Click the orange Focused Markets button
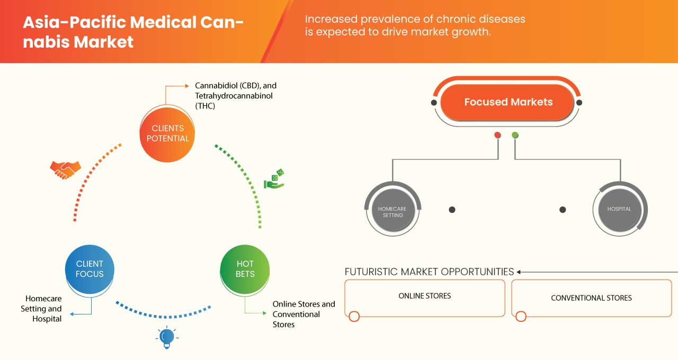click(507, 102)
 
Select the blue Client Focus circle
click(90, 269)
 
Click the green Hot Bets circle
click(245, 269)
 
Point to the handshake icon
click(65, 169)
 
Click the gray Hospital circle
click(619, 209)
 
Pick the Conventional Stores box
click(591, 298)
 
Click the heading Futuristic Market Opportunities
click(429, 272)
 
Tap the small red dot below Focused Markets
click(497, 135)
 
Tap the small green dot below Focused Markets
click(515, 135)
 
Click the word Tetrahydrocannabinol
click(235, 96)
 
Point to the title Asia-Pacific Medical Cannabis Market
click(132, 31)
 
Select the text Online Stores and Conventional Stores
click(304, 314)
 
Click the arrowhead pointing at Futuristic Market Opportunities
click(520, 272)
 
